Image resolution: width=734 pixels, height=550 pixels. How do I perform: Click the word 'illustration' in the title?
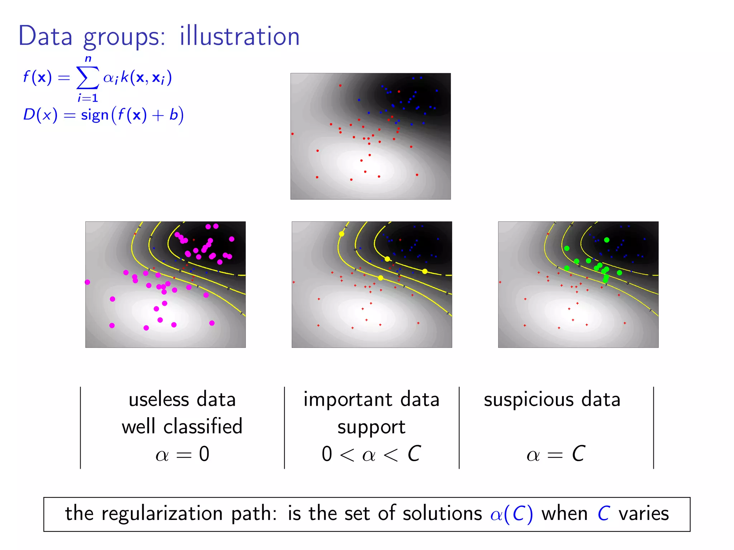[239, 37]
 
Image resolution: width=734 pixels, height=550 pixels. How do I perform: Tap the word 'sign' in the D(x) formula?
[95, 115]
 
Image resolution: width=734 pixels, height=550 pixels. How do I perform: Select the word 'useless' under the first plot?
[159, 399]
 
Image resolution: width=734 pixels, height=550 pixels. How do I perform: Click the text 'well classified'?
[182, 426]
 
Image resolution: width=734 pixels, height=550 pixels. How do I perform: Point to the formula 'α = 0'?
[182, 454]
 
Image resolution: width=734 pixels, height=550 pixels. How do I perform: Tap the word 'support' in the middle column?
[371, 427]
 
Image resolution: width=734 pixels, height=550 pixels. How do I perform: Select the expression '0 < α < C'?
[371, 454]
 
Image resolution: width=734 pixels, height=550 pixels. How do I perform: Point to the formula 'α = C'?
[556, 454]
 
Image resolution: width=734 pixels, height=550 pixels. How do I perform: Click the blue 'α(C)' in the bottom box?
[511, 514]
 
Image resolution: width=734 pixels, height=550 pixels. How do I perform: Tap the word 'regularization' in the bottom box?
[162, 514]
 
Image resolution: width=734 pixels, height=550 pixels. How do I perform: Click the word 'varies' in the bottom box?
[644, 514]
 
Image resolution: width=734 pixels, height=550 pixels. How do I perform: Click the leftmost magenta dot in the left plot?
[87, 282]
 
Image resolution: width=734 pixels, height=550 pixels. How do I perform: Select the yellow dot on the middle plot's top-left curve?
[342, 234]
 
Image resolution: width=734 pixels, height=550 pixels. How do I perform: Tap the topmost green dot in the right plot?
[607, 240]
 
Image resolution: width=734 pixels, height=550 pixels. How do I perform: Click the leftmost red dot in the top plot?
[293, 134]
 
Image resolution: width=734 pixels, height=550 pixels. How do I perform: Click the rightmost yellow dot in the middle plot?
[425, 271]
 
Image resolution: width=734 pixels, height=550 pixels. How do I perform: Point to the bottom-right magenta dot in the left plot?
[212, 323]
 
